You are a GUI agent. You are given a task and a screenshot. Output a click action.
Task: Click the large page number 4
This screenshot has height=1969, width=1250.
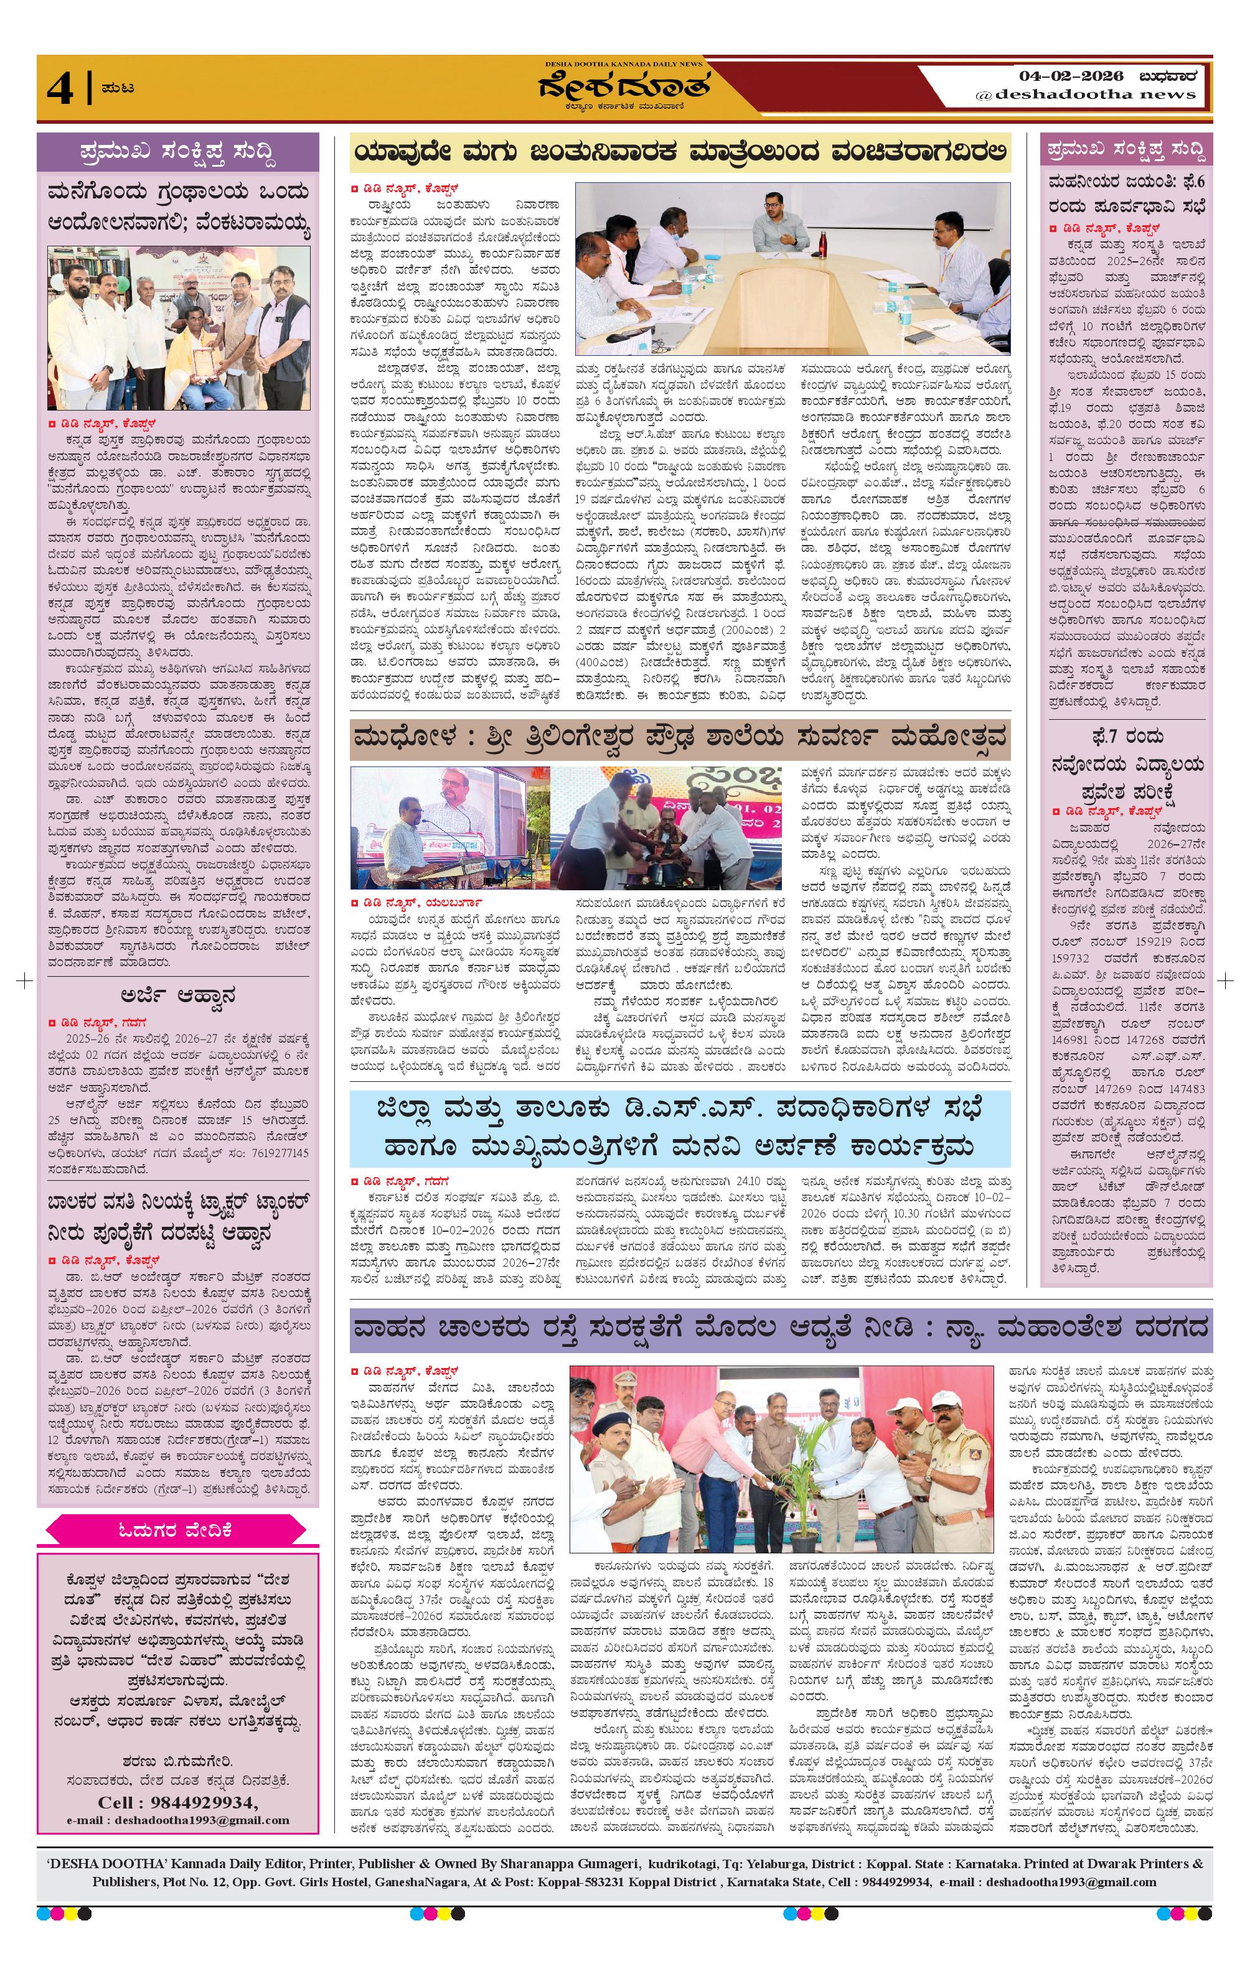(59, 89)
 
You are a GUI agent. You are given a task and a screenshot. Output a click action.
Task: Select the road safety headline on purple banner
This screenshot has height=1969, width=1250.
(781, 1329)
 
